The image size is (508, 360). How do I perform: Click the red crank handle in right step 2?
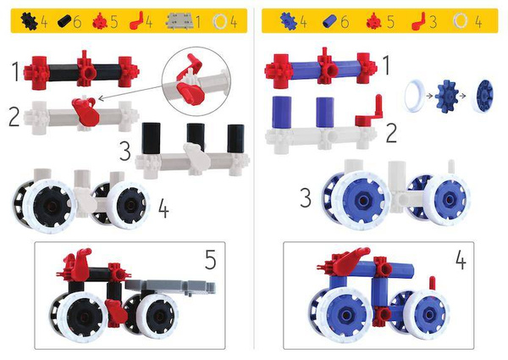point(367,128)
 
